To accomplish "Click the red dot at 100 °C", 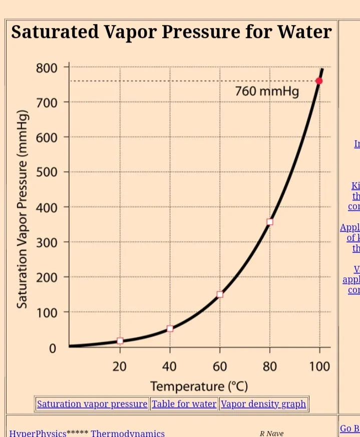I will [x=319, y=81].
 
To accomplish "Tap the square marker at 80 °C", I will [x=270, y=222].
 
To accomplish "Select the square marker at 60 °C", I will [x=220, y=294].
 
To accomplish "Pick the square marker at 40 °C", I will [x=170, y=328].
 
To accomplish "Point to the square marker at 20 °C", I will [x=120, y=341].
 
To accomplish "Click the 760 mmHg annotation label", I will [x=266, y=92].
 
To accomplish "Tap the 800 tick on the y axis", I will [x=46, y=68].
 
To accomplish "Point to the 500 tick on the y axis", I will [x=46, y=172].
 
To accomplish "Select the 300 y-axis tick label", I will [x=46, y=242].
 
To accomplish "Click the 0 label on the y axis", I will [x=52, y=348].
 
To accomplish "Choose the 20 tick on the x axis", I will [x=120, y=366].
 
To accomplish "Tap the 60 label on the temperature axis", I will [x=220, y=366].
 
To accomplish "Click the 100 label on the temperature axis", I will [x=319, y=366].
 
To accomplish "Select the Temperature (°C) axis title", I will [x=199, y=386].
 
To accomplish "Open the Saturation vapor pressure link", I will [x=92, y=404].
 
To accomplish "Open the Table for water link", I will [x=184, y=404].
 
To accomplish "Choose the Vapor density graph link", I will [x=263, y=404].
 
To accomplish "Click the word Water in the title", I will [x=304, y=32].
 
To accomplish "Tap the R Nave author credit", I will [x=271, y=433].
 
